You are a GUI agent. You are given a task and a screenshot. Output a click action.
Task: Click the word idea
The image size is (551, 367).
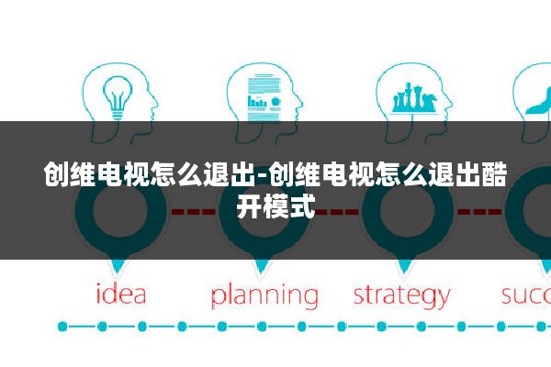coord(121,294)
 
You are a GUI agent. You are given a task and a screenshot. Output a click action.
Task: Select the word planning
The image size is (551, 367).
coord(264,296)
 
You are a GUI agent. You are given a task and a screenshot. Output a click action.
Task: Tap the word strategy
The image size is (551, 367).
coord(401,296)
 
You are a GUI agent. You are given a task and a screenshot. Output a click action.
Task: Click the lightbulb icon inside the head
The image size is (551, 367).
coord(118,96)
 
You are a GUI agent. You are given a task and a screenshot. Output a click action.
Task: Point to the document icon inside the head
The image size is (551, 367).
coord(264,97)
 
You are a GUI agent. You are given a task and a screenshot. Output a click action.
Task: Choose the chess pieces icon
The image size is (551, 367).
coord(414,97)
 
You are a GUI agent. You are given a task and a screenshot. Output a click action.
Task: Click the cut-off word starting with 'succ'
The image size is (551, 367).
coord(526,295)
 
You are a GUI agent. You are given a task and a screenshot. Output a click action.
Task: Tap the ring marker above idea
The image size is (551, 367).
coord(120,211)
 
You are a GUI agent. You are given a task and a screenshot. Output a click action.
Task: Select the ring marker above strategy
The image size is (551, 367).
coord(407,211)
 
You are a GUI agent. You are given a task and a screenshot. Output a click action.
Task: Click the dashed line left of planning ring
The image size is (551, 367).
coord(193,211)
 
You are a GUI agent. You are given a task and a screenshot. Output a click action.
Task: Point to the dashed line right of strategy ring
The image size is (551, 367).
coord(479,211)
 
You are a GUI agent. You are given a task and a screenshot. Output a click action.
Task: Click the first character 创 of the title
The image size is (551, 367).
coord(57,174)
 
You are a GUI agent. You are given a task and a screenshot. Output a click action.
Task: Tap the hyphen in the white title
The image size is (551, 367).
coord(263,175)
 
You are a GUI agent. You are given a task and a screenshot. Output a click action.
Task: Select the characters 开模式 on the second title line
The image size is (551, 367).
coord(275,206)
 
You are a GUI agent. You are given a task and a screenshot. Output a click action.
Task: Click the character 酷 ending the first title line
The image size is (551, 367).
coord(494,174)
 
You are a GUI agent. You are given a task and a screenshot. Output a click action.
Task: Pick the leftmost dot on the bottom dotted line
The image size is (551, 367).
coord(62,327)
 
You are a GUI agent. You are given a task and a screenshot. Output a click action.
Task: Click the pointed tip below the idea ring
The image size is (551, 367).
coord(117,274)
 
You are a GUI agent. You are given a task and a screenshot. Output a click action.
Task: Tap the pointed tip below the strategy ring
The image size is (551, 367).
coord(404,274)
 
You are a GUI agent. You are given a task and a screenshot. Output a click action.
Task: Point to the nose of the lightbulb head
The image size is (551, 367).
coord(156,104)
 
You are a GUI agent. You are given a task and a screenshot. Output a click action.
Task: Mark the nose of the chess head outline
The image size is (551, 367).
coord(451,104)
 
